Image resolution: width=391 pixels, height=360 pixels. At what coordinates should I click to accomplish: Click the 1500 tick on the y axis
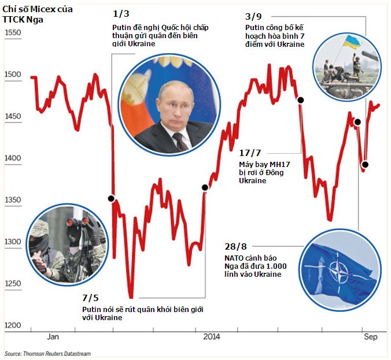point(12,75)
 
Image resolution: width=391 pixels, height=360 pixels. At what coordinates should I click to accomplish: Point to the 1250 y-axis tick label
point(12,284)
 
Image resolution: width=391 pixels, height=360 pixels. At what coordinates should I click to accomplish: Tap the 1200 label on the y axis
point(12,325)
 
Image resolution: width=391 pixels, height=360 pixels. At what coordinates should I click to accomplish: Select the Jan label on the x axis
point(53,336)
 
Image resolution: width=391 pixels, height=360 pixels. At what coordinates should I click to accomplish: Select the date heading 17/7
point(250,153)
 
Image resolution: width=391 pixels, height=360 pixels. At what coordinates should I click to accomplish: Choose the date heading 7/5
point(90,298)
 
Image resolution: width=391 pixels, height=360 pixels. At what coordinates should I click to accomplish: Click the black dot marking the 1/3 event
point(111,198)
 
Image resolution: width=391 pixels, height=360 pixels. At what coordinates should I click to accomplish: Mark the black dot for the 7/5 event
point(204,187)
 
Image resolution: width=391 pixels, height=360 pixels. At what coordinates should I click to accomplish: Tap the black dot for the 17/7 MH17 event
point(301,100)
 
